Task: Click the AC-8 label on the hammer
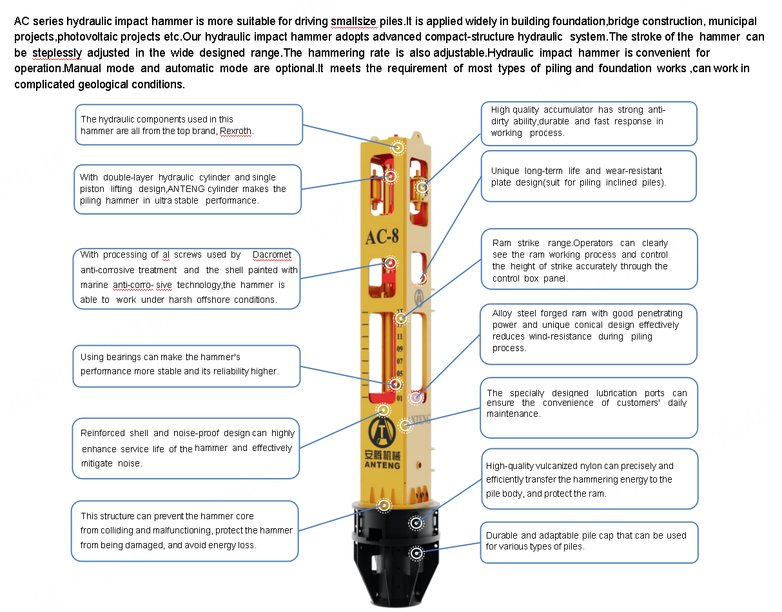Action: coord(382,236)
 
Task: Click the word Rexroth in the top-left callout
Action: coord(236,131)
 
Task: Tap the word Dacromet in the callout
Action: coord(271,255)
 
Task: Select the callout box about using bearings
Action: coord(186,365)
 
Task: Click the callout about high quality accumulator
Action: coord(589,122)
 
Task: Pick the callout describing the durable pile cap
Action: coord(589,542)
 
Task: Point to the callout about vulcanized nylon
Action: coord(589,479)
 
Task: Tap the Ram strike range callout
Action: coord(589,259)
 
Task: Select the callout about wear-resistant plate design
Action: coord(589,176)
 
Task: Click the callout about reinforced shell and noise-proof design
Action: coord(186,448)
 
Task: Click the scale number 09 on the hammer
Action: coord(400,349)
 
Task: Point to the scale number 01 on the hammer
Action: coord(400,398)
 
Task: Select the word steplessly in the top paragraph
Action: coord(57,53)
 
